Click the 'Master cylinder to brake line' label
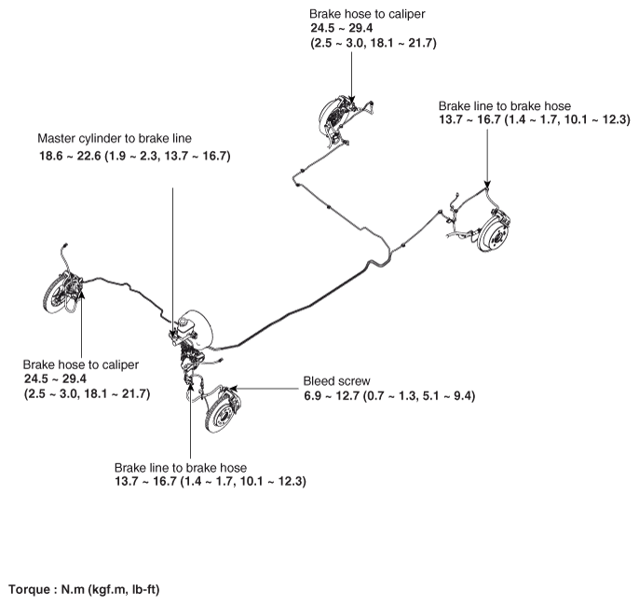pyautogui.click(x=115, y=139)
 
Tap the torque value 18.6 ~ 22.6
pyautogui.click(x=70, y=156)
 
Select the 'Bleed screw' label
pyautogui.click(x=336, y=381)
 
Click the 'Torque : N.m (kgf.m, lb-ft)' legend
pyautogui.click(x=84, y=589)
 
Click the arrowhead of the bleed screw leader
pyautogui.click(x=233, y=388)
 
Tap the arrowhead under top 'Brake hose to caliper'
pyautogui.click(x=352, y=101)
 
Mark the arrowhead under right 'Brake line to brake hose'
pyautogui.click(x=487, y=185)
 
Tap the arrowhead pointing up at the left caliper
pyautogui.click(x=82, y=294)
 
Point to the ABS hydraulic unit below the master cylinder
pyautogui.click(x=191, y=357)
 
